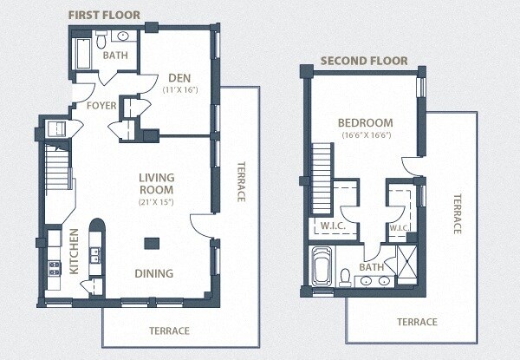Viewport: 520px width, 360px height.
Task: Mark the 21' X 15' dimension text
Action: pyautogui.click(x=156, y=202)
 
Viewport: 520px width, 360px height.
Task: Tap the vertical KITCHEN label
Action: pyautogui.click(x=75, y=252)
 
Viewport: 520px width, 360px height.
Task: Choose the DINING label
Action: pyautogui.click(x=153, y=273)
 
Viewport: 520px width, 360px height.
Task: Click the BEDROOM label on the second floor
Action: pyautogui.click(x=365, y=122)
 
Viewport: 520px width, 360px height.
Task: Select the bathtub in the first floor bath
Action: pyautogui.click(x=82, y=54)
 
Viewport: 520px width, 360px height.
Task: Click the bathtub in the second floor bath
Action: pyautogui.click(x=322, y=266)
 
